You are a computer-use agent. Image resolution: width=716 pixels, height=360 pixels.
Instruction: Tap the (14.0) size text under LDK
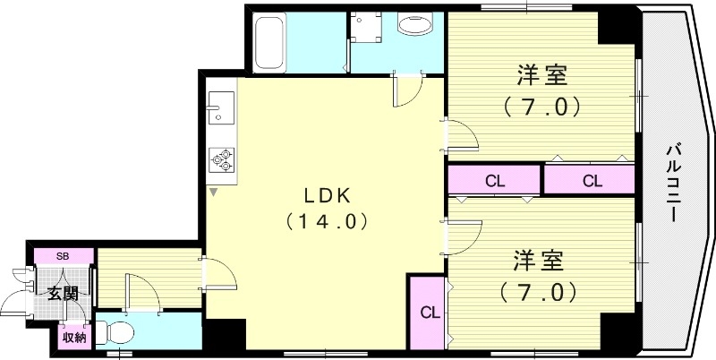tap(325, 220)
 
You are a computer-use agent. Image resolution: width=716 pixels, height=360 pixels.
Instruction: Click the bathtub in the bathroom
tap(268, 42)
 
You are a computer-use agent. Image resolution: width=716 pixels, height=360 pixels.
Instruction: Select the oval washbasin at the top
tap(416, 26)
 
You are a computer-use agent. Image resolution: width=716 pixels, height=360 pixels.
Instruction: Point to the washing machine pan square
tap(367, 28)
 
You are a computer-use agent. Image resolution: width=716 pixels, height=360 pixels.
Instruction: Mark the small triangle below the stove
tap(214, 191)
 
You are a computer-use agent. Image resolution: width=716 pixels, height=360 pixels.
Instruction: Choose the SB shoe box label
tap(63, 257)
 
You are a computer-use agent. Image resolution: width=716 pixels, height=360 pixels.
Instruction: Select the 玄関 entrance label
tap(62, 294)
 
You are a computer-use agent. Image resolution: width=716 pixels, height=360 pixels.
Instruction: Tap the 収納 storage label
tap(74, 338)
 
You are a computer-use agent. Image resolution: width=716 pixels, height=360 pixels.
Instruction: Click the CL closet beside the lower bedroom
tap(429, 313)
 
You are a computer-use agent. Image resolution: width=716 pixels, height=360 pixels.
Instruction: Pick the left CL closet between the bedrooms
tap(495, 180)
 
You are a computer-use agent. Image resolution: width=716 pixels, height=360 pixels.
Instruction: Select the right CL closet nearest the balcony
tap(591, 180)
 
